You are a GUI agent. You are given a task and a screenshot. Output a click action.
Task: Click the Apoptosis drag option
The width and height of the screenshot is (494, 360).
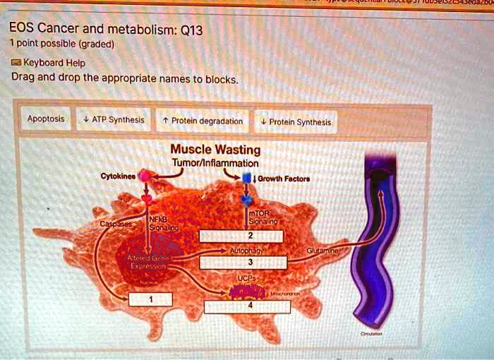tap(45, 119)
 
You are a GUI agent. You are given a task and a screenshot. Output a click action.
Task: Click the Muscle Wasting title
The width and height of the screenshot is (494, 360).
tap(215, 150)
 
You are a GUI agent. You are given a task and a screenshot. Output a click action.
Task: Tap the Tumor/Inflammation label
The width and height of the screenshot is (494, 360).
tap(215, 164)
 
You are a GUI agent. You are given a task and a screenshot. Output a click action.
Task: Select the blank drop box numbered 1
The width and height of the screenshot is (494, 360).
tap(150, 299)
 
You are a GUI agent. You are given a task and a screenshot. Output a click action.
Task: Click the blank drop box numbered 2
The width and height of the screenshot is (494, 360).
tap(249, 236)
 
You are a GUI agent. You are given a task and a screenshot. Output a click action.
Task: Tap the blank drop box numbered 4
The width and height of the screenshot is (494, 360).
tap(249, 306)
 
